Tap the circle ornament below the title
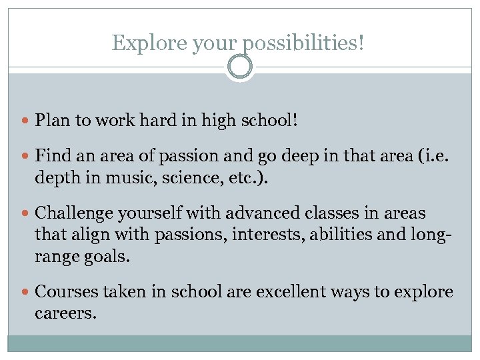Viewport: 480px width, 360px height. [x=240, y=67]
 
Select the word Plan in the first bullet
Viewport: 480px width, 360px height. [x=47, y=121]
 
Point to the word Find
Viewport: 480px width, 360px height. [x=49, y=156]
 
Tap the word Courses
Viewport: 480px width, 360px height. [x=63, y=291]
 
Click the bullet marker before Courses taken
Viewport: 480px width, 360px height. [x=26, y=292]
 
